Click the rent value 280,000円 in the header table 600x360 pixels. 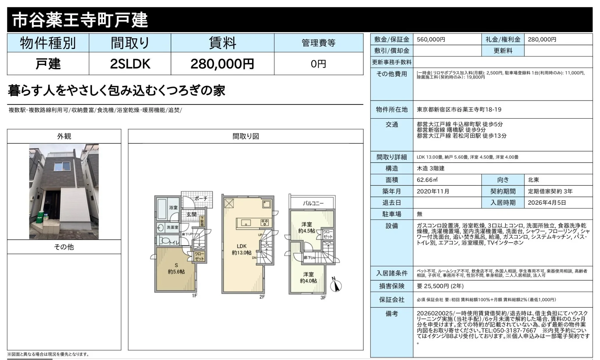(x=222, y=64)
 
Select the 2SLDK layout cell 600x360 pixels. (x=130, y=64)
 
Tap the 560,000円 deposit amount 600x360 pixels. (x=431, y=39)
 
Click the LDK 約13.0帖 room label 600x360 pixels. (x=241, y=249)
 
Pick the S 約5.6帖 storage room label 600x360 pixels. (x=176, y=269)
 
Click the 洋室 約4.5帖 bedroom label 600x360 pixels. (x=306, y=227)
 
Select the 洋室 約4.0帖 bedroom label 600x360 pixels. (x=308, y=278)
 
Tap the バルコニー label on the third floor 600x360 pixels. (x=313, y=203)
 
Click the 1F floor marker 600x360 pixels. (x=194, y=296)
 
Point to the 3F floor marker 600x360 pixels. (x=323, y=298)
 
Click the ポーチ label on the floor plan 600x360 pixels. (x=201, y=199)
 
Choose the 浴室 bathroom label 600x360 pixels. (x=173, y=208)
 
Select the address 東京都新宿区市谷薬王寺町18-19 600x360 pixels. (x=459, y=109)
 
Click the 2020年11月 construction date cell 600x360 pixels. (x=433, y=191)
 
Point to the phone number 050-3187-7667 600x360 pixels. (x=514, y=330)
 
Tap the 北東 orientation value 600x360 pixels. (x=533, y=180)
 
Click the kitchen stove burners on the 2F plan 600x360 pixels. (x=265, y=222)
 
